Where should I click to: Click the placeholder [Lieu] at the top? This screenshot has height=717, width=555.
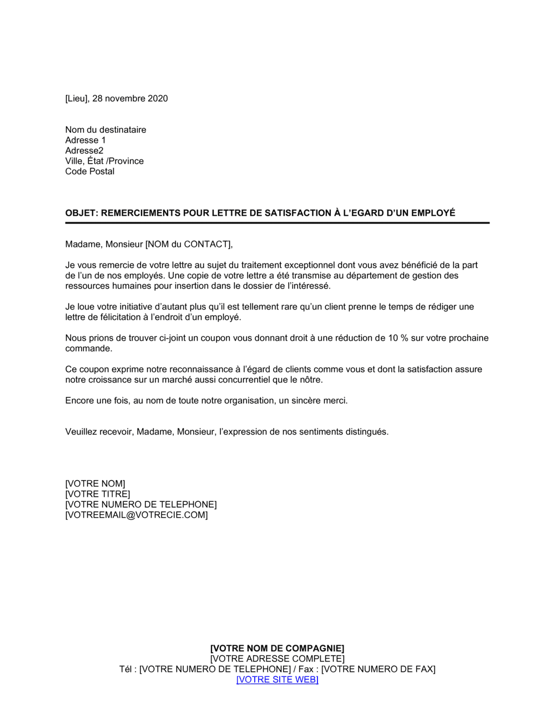click(x=77, y=98)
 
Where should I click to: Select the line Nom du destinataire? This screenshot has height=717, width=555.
click(x=105, y=130)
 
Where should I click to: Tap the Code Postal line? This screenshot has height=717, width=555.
click(x=90, y=171)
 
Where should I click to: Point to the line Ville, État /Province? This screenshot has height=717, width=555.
click(x=104, y=161)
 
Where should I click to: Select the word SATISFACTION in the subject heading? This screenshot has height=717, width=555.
click(x=292, y=213)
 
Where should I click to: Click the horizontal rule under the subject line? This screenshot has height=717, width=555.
click(x=277, y=223)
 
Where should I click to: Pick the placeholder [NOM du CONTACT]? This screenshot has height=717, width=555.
click(x=187, y=244)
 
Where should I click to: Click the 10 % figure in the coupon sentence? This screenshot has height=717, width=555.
click(x=398, y=338)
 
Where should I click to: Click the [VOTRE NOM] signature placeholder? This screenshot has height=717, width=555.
click(x=95, y=484)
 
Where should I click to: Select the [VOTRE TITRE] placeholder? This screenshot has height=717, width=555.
click(x=98, y=494)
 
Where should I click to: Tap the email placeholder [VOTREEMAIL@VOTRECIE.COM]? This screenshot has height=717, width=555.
click(x=137, y=515)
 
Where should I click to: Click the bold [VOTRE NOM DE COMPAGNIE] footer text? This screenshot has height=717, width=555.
click(x=277, y=648)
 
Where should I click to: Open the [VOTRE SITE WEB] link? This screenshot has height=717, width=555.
click(x=277, y=679)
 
